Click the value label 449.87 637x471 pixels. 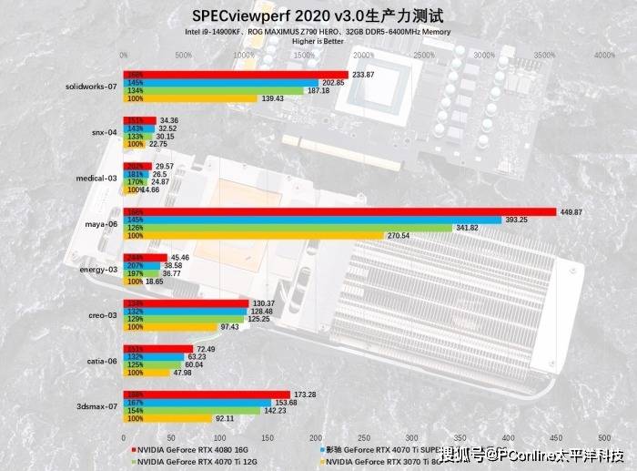coord(573,212)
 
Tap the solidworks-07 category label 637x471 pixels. coord(92,87)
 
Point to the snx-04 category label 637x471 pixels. coord(105,132)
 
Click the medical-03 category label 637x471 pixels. coord(98,179)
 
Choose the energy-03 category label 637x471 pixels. coord(99,270)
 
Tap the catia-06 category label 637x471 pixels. coord(103,360)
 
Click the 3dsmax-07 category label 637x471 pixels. coord(97,406)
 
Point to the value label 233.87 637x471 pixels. coord(364,75)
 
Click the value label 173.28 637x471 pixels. coord(307,394)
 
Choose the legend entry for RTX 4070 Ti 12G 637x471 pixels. coord(192,462)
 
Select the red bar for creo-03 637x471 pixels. coord(186,303)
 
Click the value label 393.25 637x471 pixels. coord(520,220)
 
